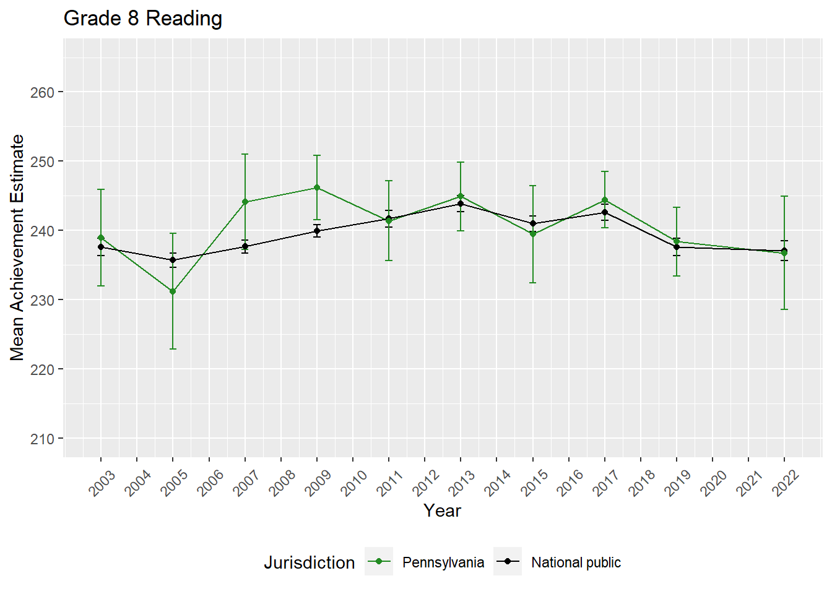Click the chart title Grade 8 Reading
point(143,19)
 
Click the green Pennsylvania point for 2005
point(173,291)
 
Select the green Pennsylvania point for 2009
point(317,187)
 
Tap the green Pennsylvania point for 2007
point(245,202)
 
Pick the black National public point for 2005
point(173,260)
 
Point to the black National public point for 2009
point(317,231)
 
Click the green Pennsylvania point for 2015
point(533,234)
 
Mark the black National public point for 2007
point(245,246)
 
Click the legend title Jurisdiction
point(309,562)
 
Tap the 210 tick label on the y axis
point(42,439)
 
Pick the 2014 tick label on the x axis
point(498,483)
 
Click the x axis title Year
point(442,510)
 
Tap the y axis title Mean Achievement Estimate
point(17,247)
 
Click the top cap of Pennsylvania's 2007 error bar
point(245,154)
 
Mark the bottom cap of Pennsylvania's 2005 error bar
point(173,349)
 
